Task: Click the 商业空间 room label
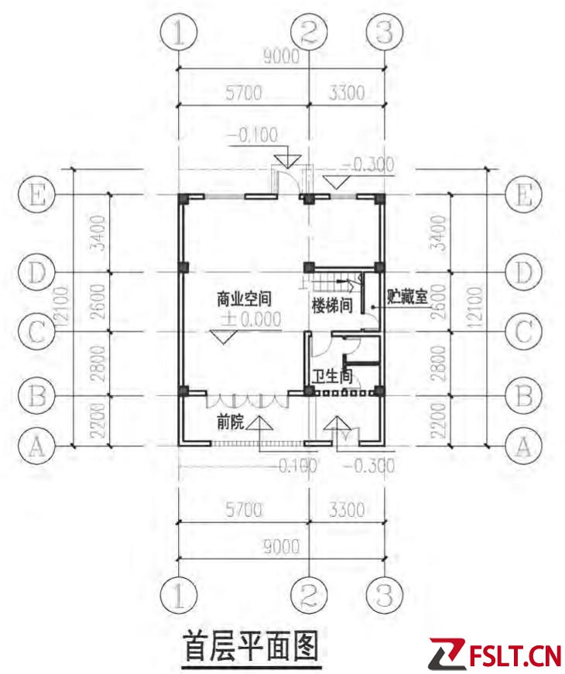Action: coord(244,299)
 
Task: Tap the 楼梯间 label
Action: coord(332,306)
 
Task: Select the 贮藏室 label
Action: coord(407,296)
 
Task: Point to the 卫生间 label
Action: coord(332,376)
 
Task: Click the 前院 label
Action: coord(231,423)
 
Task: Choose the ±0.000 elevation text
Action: coord(251,320)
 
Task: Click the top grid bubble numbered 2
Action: coord(309,33)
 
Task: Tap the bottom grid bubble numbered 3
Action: coord(385,596)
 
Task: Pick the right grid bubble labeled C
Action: coord(524,332)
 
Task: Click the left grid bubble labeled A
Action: coord(37,446)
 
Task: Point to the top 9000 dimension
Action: coord(281,56)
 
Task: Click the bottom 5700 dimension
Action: coord(244,510)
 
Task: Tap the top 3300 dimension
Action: coord(347,92)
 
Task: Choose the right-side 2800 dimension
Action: coord(439,364)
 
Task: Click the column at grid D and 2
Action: coord(309,268)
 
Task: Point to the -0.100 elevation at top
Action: coord(253,135)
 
